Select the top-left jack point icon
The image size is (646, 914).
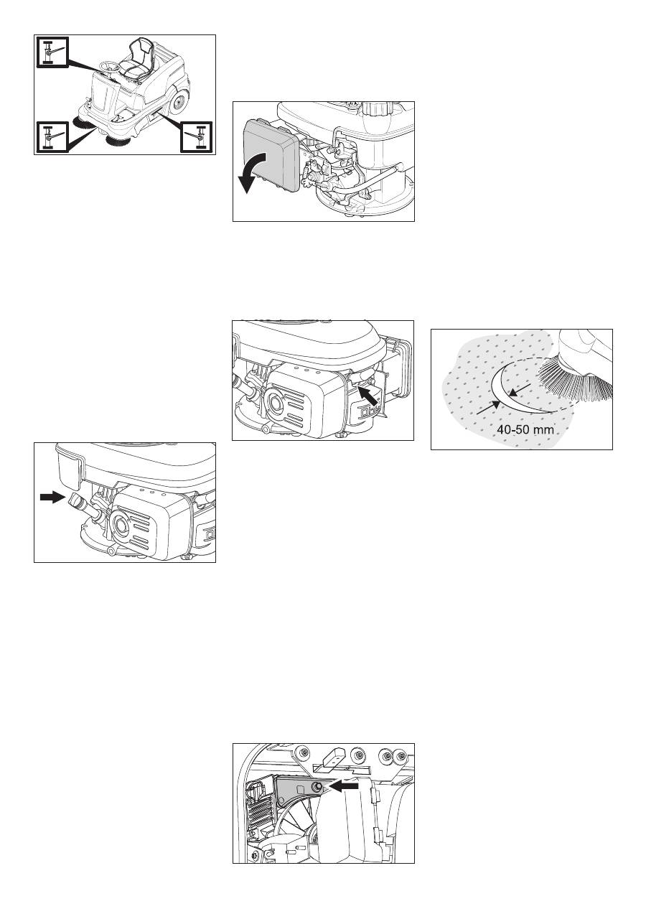(x=50, y=52)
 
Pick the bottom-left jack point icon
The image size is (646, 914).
(x=50, y=136)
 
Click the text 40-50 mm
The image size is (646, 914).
(x=525, y=429)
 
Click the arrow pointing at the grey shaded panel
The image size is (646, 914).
(x=344, y=786)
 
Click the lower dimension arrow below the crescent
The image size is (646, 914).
(x=488, y=408)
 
